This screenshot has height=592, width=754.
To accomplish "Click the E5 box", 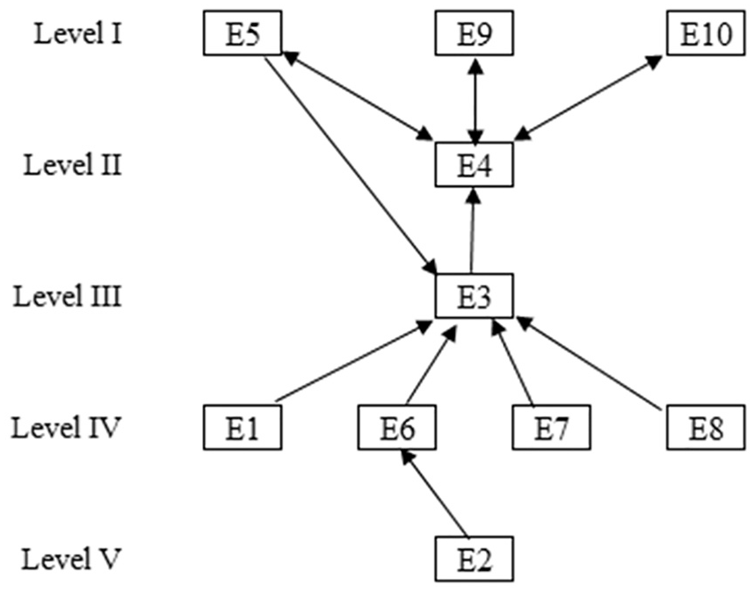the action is tap(243, 33).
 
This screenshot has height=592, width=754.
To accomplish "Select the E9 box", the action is tap(475, 33).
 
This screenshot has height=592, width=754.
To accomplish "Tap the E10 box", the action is tap(706, 33).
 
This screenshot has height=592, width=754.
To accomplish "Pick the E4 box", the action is tap(475, 164).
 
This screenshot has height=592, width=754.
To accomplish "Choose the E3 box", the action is tap(475, 295).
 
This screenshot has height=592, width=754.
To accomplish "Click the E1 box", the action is tap(243, 427).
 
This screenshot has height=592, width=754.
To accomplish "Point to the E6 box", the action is tap(396, 427).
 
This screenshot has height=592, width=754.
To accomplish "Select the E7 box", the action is tap(552, 427).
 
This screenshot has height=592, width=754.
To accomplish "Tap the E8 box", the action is tap(706, 427).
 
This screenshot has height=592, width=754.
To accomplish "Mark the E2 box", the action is tap(475, 559).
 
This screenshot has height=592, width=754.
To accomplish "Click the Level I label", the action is tap(78, 33).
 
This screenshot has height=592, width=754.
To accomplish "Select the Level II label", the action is tap(73, 165).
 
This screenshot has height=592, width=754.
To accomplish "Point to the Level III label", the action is tap(68, 296).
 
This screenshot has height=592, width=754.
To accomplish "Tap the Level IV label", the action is tap(65, 427).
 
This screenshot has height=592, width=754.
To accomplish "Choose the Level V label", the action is tap(70, 559).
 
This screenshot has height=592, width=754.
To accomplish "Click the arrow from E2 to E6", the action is tap(434, 493).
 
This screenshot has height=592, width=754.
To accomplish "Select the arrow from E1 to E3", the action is tap(354, 360).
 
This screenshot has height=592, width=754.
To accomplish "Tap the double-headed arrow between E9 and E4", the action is tap(475, 102).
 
